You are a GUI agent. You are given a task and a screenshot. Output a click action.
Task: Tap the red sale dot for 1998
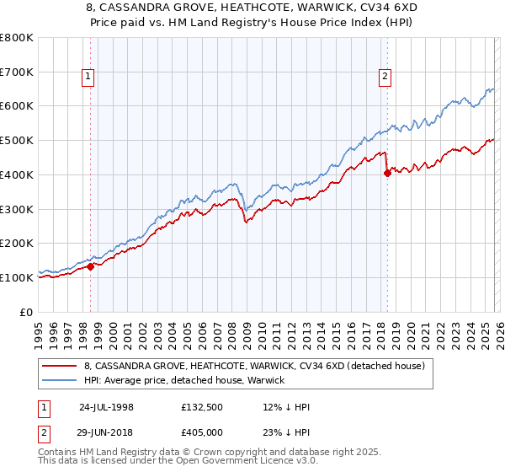point(91,266)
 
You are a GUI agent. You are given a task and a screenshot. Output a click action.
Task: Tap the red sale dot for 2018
point(387,173)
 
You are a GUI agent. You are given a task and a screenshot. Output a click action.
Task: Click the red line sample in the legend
point(61,366)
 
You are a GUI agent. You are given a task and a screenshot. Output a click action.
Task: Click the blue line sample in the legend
point(61,380)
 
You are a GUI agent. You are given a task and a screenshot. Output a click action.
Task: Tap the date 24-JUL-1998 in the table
point(106,407)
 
